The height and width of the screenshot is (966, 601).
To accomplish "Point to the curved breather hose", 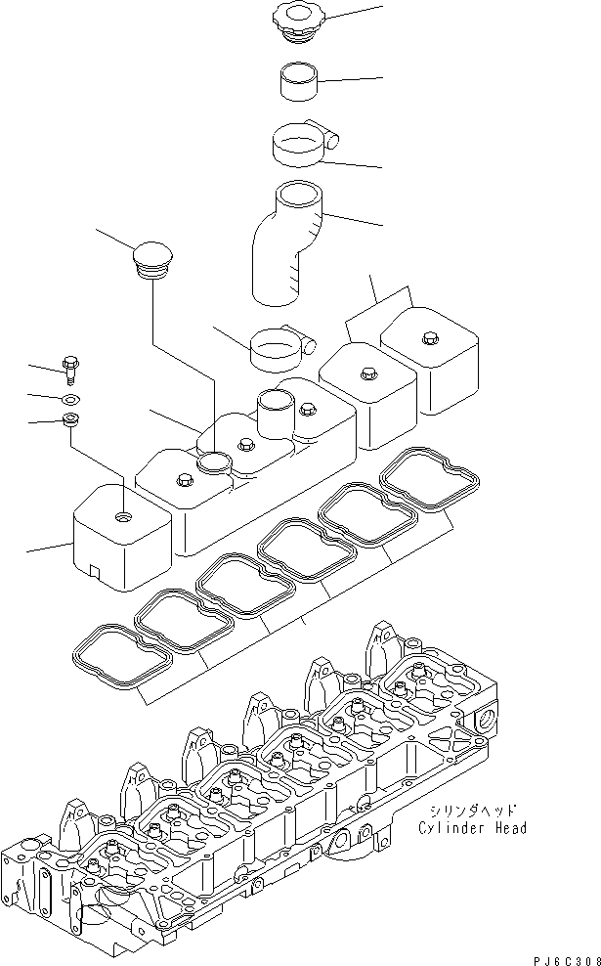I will (x=288, y=240).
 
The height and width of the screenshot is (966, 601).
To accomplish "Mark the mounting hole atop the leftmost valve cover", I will (x=122, y=514).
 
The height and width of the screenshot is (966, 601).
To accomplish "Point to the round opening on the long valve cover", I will (x=214, y=460).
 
